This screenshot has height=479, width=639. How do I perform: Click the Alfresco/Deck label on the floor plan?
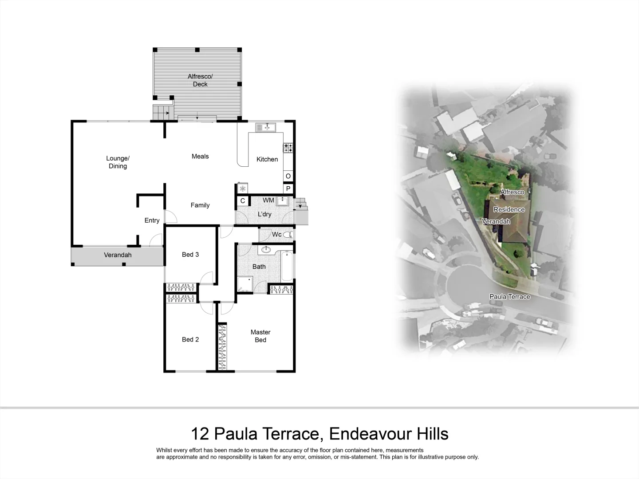tap(200, 80)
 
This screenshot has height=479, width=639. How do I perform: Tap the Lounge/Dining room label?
tap(118, 162)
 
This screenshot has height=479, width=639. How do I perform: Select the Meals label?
tap(200, 156)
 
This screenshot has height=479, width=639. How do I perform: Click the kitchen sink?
tap(266, 128)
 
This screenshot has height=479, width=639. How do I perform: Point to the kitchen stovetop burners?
tap(288, 148)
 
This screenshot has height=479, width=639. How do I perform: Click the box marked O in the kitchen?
tap(288, 176)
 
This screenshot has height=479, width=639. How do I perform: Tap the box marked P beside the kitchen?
tap(288, 189)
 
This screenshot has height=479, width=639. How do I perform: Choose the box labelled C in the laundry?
tap(243, 201)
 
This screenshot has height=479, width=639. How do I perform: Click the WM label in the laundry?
tap(268, 200)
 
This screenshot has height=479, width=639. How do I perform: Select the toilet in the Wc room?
tap(288, 235)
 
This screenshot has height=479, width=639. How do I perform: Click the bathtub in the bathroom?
tap(287, 266)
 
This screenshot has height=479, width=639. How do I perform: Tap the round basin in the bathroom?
tap(266, 250)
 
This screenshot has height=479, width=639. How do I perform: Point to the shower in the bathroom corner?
tap(245, 283)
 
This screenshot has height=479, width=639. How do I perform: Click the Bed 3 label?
tap(190, 254)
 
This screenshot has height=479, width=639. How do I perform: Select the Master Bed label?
tap(260, 336)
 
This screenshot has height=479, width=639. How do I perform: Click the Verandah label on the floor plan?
tap(118, 255)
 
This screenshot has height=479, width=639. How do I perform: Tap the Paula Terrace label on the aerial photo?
tap(509, 297)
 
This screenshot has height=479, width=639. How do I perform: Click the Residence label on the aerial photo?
tap(509, 209)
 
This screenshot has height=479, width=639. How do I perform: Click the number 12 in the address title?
tap(200, 433)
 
